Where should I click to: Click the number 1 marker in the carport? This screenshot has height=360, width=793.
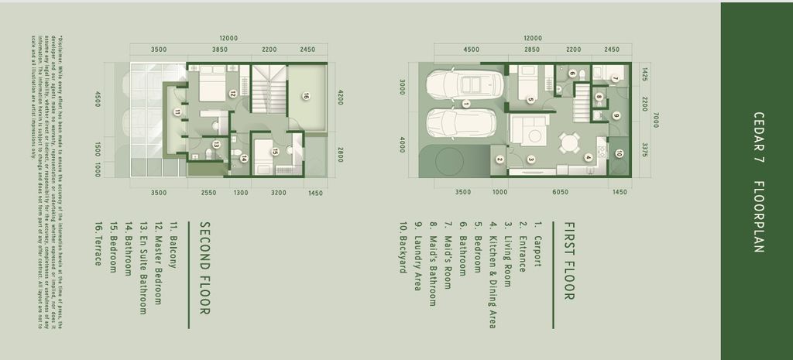(466, 103)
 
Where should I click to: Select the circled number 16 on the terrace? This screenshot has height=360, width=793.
(305, 97)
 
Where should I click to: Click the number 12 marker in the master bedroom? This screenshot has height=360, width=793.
(232, 93)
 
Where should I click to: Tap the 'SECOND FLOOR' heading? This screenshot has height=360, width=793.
(205, 268)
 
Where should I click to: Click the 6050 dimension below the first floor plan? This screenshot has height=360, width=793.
(560, 192)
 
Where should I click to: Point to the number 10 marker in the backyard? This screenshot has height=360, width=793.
(619, 153)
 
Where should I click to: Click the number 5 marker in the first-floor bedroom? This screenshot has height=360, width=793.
(530, 99)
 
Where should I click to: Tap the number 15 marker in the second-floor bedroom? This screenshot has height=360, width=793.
(275, 152)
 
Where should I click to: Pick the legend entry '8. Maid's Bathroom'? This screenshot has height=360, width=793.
(434, 256)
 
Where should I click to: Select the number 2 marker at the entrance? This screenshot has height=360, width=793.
(499, 159)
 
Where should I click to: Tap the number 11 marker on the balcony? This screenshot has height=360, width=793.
(177, 112)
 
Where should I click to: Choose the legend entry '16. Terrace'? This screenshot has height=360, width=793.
(98, 245)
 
